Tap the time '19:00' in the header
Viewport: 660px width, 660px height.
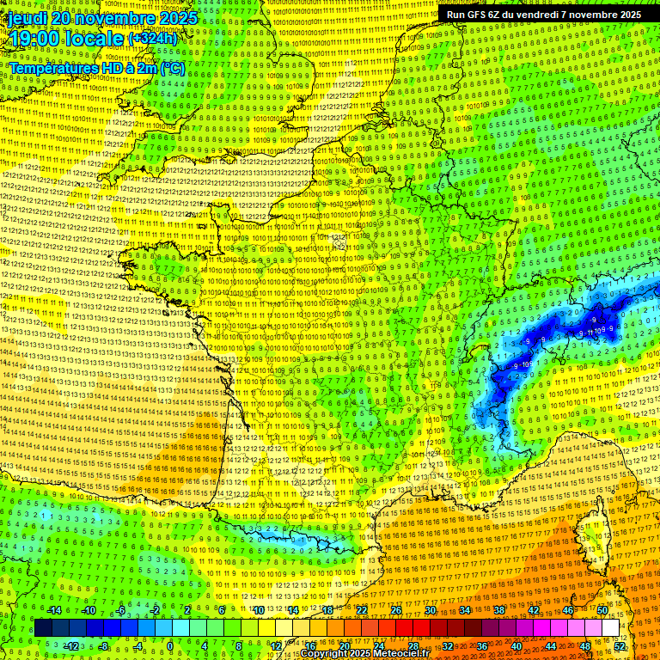[x=34, y=39]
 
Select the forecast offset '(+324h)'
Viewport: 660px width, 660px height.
[x=153, y=39]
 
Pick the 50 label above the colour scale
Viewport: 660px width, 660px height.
[x=602, y=610]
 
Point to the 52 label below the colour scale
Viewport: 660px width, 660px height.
[x=620, y=646]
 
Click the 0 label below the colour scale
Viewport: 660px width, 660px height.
[x=170, y=646]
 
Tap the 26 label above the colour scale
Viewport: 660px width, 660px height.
[x=396, y=610]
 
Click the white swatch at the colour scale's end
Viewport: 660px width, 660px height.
[x=610, y=628]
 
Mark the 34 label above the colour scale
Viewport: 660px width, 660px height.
[x=465, y=610]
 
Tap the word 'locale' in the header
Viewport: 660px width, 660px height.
[x=95, y=39]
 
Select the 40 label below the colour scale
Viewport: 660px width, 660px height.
[x=516, y=646]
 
